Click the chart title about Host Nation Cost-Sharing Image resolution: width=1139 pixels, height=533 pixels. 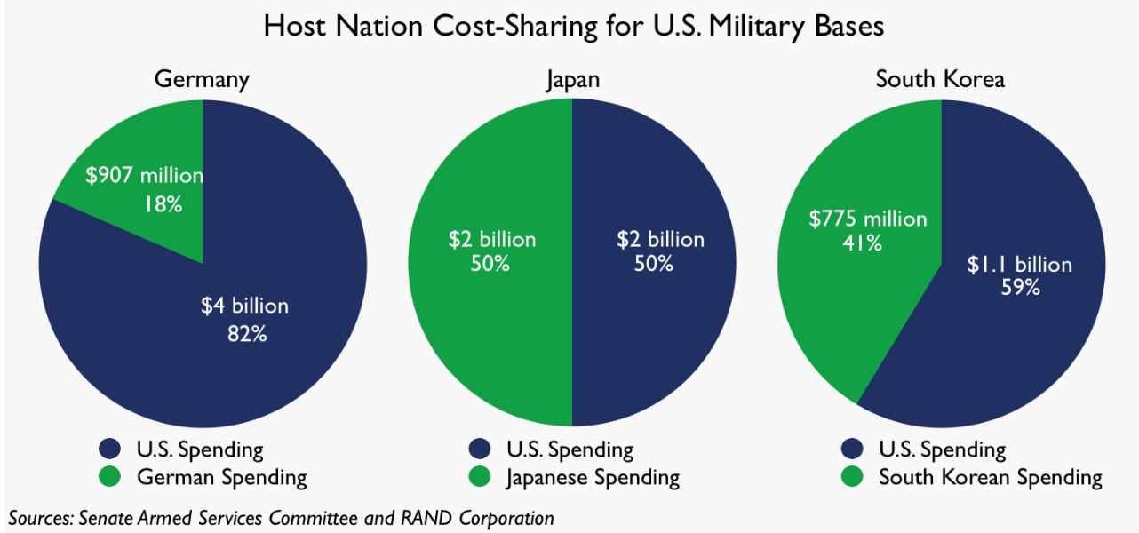coord(573,26)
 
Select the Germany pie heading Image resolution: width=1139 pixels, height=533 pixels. coord(202,79)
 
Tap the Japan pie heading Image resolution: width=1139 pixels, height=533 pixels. coord(572,79)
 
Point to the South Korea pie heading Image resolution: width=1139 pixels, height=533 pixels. coord(940,79)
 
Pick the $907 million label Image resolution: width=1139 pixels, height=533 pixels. coord(144,176)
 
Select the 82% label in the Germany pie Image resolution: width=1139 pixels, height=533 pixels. coord(246,334)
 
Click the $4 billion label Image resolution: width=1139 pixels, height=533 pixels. coord(244,306)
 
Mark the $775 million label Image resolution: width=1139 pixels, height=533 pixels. coord(867,219)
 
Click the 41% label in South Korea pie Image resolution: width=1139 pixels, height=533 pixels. coord(862,243)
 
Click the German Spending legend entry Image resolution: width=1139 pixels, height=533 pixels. coord(221,478)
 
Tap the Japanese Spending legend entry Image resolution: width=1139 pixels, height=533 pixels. coord(593,478)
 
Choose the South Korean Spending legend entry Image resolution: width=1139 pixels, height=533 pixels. coord(990,478)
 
